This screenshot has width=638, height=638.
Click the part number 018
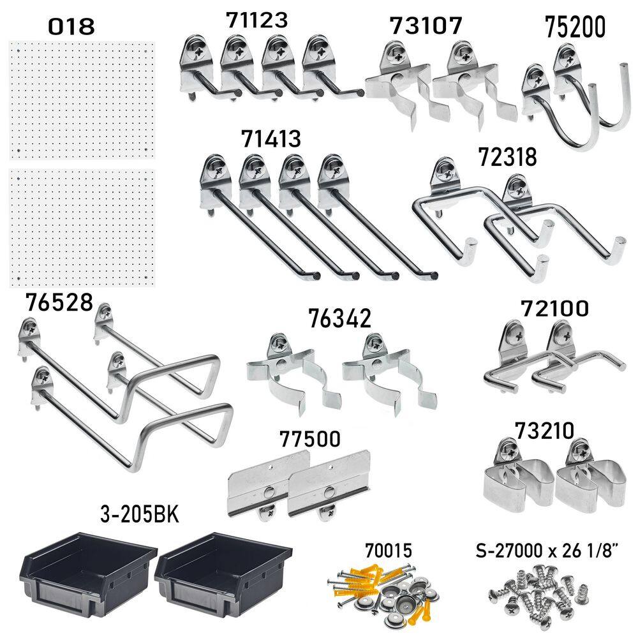coord(71,26)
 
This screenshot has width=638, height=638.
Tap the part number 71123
coord(257,20)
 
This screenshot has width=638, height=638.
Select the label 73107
coord(426,26)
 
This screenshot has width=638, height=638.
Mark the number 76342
coord(340,317)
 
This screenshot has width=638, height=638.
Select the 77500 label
coord(309,439)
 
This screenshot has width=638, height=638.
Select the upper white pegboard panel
coord(82,101)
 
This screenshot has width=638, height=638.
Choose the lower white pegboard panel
coord(82,228)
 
